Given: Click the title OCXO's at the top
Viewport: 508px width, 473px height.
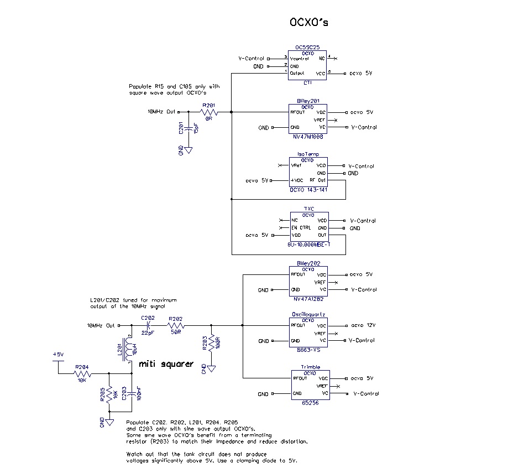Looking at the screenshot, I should (310, 22).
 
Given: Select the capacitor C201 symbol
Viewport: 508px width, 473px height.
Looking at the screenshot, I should (188, 128).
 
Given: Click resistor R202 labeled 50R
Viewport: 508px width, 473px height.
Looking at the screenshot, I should (175, 325).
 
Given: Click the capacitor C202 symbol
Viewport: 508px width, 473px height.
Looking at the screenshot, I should (148, 325).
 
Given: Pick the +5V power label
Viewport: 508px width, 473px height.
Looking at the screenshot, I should (59, 354).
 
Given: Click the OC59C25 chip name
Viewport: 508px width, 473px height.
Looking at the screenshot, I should (307, 48).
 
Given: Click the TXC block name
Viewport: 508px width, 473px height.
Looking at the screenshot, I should (308, 209).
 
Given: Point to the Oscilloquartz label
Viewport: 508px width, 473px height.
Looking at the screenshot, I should (308, 314).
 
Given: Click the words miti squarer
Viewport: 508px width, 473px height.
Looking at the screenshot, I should (166, 363).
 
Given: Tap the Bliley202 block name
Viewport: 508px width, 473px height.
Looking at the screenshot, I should (308, 263).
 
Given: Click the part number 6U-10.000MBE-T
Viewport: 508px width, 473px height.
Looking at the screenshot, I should (308, 243).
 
